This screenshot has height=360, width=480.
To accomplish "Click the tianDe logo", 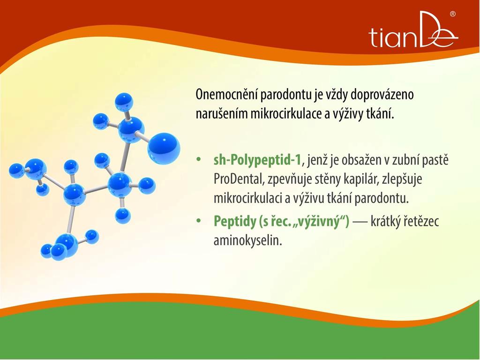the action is (413, 30).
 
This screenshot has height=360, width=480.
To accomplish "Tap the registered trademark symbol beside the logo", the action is (453, 14).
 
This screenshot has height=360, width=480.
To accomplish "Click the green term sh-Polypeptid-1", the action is (257, 160).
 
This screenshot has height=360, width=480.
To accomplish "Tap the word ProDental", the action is (239, 179).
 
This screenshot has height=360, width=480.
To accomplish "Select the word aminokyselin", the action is (247, 240).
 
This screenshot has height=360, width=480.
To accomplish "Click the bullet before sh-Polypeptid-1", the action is (199, 160).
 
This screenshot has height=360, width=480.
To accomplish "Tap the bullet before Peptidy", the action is (199, 220).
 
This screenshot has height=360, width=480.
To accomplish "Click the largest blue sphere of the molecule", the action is (164, 149).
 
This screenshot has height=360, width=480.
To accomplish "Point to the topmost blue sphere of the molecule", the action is (124, 102).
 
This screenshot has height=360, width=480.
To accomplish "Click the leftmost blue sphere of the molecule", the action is (16, 171).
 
